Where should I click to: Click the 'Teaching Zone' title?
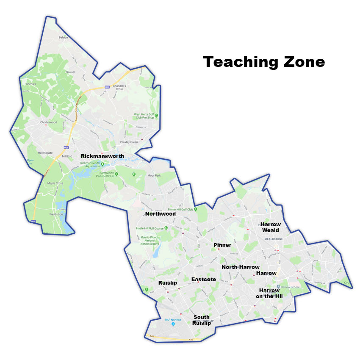[264, 62]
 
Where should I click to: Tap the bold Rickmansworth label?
[102, 156]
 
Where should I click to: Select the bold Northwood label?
[161, 214]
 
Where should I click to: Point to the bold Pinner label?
[222, 245]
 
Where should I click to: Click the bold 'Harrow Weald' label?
[270, 227]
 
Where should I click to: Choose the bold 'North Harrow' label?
[241, 267]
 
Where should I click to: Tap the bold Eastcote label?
[204, 280]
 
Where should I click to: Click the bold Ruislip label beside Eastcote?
[167, 282]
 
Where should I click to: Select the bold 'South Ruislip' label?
[202, 320]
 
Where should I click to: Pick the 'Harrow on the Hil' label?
[269, 293]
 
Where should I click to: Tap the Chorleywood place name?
[48, 122]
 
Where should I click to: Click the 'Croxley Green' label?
[129, 142]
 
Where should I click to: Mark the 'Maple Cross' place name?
[55, 183]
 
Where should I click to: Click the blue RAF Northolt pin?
[173, 324]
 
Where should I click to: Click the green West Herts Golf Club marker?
[156, 115]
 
